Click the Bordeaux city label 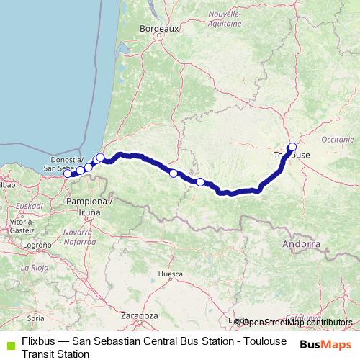pos(158,28)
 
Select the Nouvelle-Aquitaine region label pos(224,18)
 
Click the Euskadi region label pos(30,204)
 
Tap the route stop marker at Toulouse pos(292,147)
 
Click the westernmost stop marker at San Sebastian pos(68,174)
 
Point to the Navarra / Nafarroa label pos(80,238)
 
